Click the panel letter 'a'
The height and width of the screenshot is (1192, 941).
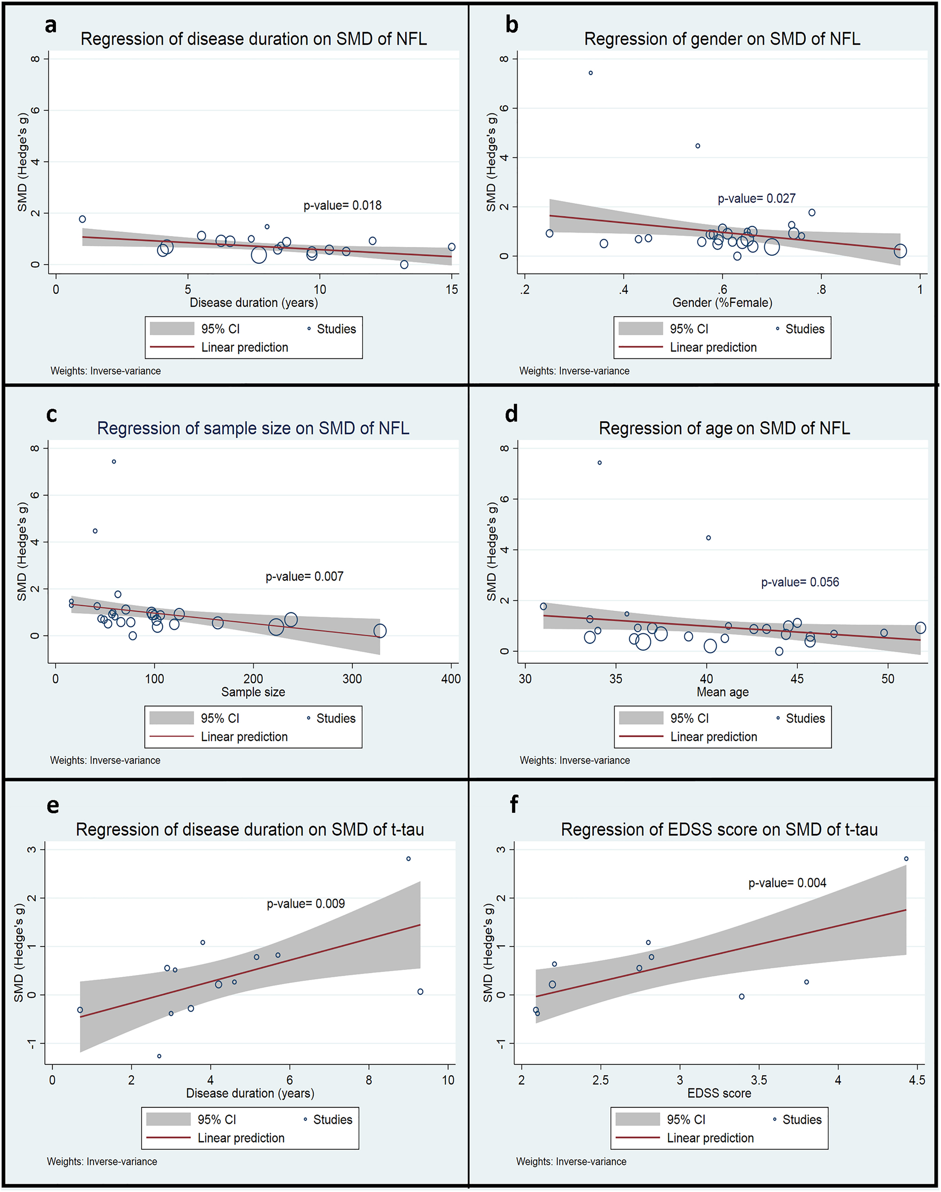coord(51,25)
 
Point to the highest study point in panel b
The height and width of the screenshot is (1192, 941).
coord(591,73)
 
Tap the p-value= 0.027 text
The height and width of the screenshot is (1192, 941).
coord(756,198)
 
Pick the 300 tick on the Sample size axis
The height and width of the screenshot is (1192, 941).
coord(352,679)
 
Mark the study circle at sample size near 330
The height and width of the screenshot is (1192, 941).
coord(380,631)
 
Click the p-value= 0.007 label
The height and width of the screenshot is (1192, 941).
coord(304,576)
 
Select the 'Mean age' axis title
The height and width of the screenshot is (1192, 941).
coord(722,692)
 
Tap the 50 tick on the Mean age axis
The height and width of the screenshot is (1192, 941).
coord(888,679)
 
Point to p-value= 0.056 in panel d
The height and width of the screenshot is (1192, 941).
coord(800,582)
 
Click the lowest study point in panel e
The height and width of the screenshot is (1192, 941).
coord(159,1056)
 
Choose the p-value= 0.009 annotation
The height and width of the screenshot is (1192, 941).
coord(306,903)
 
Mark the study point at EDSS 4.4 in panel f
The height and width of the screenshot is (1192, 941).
coord(906,859)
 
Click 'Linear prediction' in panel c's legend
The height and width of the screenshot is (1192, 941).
coord(244,737)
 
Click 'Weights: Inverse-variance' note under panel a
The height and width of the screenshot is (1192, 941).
coord(106,371)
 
